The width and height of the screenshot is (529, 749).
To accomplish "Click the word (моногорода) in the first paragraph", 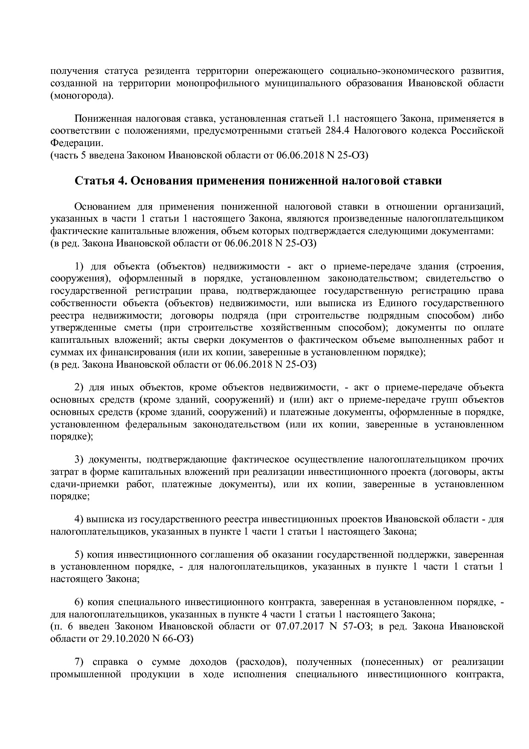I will (x=82, y=95).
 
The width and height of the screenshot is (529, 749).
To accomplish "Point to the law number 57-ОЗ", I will (x=359, y=626).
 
